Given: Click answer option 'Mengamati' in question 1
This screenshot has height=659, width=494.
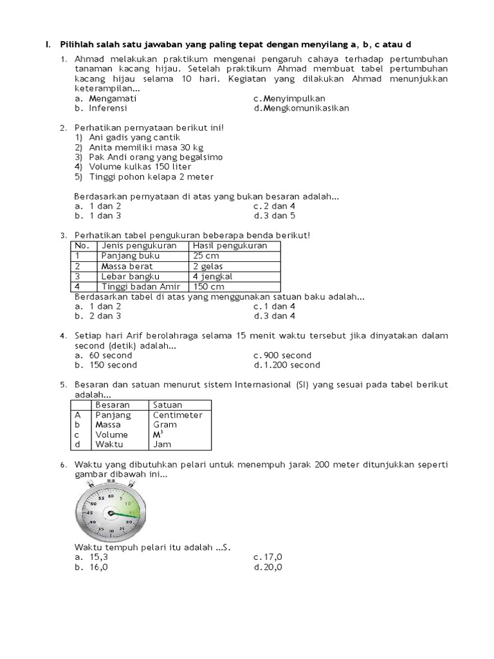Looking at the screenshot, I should tap(113, 98).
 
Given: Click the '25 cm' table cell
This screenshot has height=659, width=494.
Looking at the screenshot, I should tap(206, 255).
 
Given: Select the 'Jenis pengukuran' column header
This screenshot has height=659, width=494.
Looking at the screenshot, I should tap(139, 246).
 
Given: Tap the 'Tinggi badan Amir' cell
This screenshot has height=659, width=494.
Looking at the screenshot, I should tap(142, 286).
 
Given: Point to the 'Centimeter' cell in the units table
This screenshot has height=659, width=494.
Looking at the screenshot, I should tap(178, 415).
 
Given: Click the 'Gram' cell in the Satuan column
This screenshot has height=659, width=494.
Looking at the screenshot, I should tap(165, 425).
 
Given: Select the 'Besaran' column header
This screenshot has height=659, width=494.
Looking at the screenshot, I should tap(113, 405).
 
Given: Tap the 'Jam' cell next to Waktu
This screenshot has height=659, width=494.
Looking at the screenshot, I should tap(161, 444).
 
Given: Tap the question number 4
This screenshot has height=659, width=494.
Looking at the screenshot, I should tap(63, 336).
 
